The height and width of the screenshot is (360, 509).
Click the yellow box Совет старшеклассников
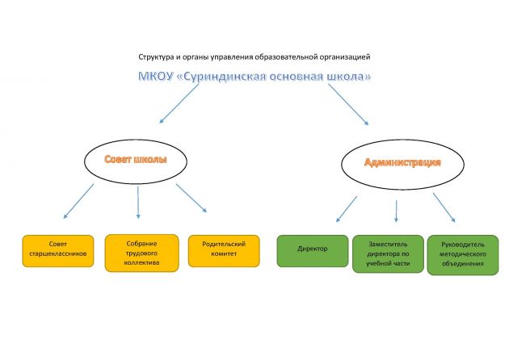(58, 251)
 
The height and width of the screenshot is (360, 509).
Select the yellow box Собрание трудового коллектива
(142, 253)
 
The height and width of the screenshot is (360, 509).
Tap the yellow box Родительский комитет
(224, 251)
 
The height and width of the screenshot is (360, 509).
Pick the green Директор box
(313, 251)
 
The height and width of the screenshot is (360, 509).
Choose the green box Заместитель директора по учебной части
(388, 254)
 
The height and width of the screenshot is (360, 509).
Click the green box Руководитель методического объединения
(463, 255)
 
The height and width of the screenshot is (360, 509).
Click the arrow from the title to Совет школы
(179, 103)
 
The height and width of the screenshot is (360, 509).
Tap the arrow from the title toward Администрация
(348, 104)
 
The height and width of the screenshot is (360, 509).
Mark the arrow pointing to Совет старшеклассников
(78, 201)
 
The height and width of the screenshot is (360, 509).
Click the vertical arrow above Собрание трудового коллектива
(138, 202)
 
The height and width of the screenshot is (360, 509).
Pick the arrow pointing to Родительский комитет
(191, 198)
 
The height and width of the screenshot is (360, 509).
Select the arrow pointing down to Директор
(347, 209)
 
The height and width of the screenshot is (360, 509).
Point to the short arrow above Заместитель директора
(396, 211)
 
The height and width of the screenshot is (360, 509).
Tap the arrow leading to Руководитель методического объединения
(444, 207)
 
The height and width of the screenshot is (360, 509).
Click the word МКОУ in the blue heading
(155, 77)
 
